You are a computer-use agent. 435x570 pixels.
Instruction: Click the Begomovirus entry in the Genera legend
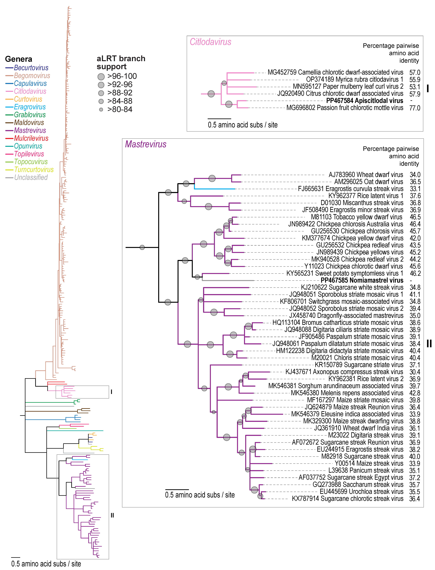[x=32, y=76]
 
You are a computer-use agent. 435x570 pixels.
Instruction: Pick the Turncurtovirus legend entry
[x=34, y=170]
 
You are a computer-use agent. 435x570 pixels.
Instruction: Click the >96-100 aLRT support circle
[x=101, y=77]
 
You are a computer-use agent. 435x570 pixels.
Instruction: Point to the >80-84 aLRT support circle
[x=101, y=109]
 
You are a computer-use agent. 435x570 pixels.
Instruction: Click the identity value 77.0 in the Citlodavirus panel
[x=415, y=108]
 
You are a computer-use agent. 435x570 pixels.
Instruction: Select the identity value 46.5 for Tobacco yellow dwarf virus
[x=415, y=217]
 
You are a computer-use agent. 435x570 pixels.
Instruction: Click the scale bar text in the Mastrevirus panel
[x=200, y=495]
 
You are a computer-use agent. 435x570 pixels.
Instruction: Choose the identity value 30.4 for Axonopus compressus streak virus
[x=415, y=372]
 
